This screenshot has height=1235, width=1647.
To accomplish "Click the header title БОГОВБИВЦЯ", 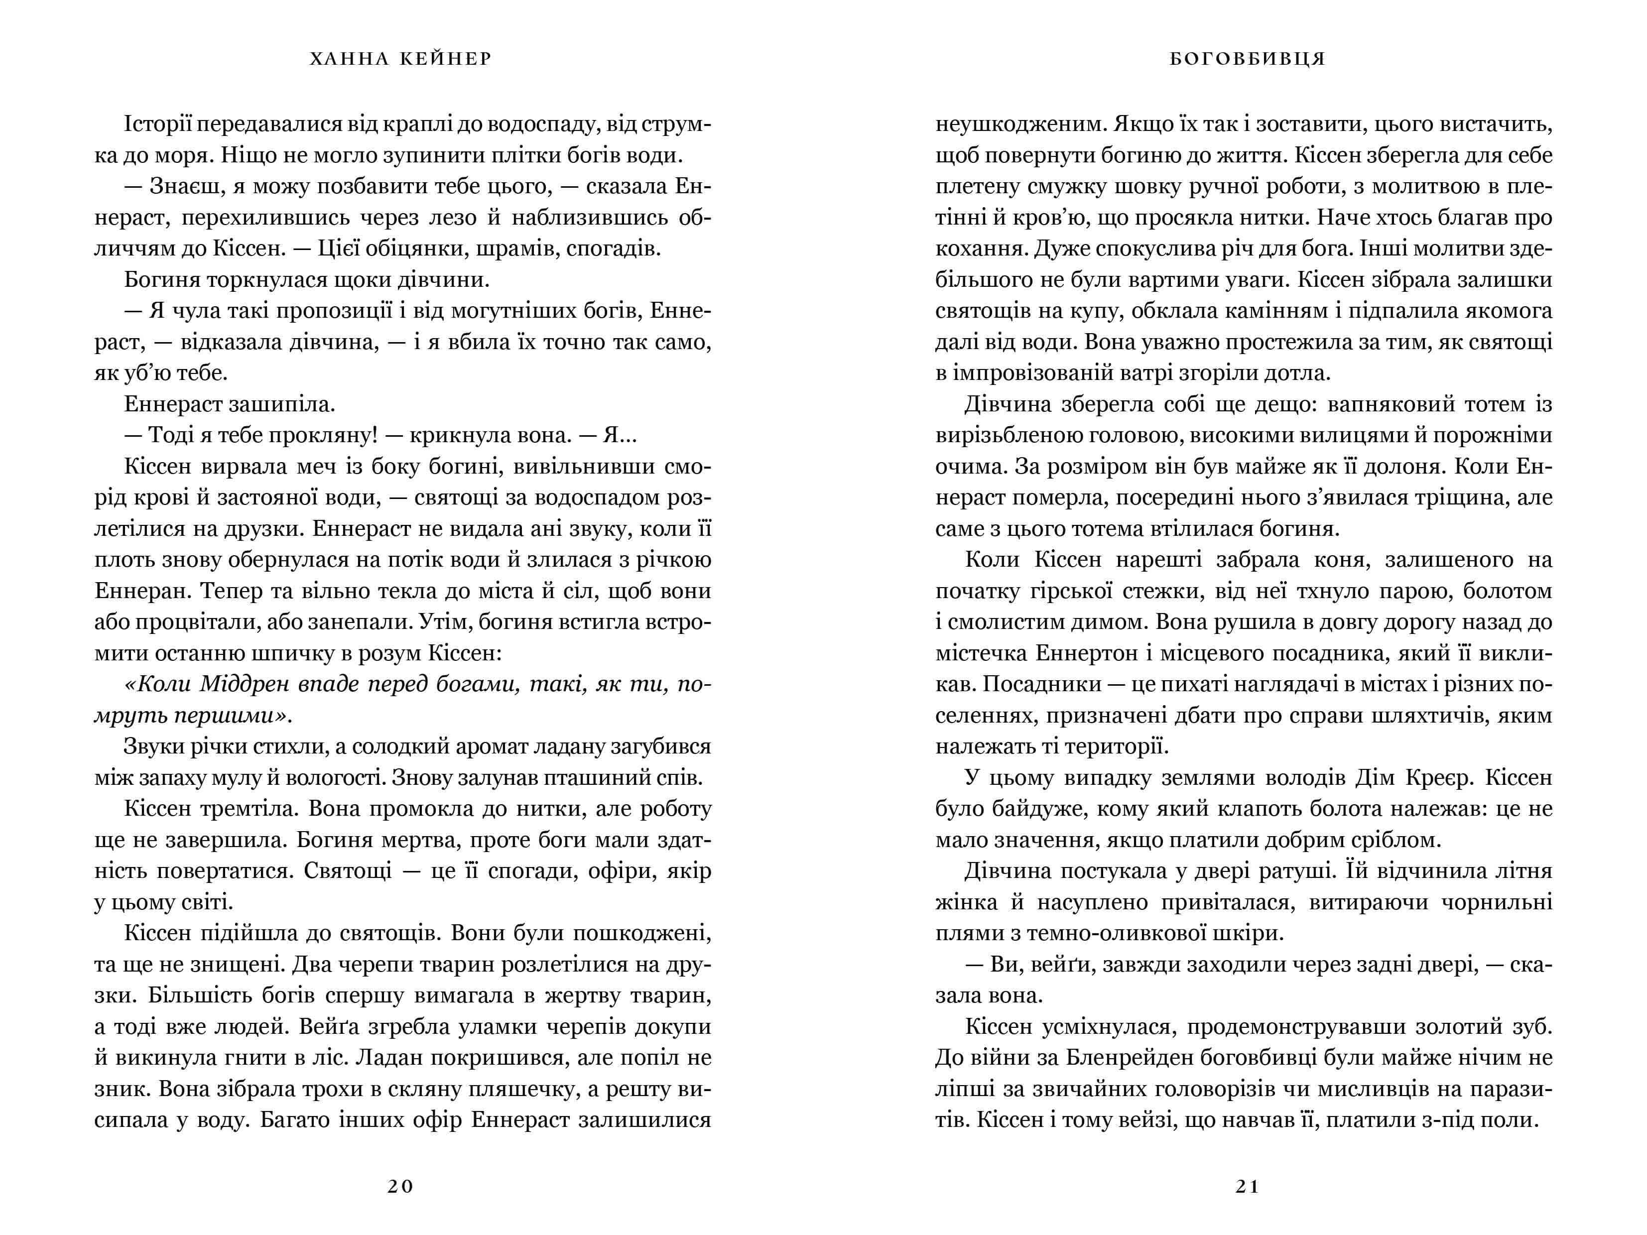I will [1248, 59].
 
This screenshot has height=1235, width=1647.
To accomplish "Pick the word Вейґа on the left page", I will [330, 1026].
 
